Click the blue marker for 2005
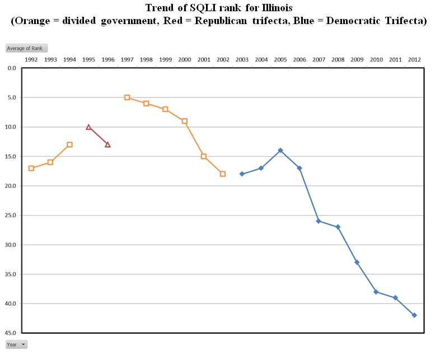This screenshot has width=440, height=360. (x=280, y=150)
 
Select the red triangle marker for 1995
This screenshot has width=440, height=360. (x=88, y=127)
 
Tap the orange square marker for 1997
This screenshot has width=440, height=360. (x=127, y=97)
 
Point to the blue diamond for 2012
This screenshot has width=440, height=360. (x=414, y=315)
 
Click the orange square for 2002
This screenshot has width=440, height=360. (x=223, y=174)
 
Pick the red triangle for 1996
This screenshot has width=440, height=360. (x=107, y=144)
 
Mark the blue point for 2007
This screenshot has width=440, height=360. (x=319, y=221)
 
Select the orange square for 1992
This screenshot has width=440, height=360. (x=31, y=168)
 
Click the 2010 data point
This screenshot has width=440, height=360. (x=376, y=292)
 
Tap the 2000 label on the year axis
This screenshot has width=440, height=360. (x=184, y=59)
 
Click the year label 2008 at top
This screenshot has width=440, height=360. (x=338, y=59)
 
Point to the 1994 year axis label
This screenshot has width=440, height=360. (x=69, y=59)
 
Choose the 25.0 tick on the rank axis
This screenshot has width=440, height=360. (x=11, y=216)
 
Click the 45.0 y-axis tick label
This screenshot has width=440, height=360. (x=11, y=333)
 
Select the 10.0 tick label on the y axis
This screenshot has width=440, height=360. (x=11, y=127)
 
